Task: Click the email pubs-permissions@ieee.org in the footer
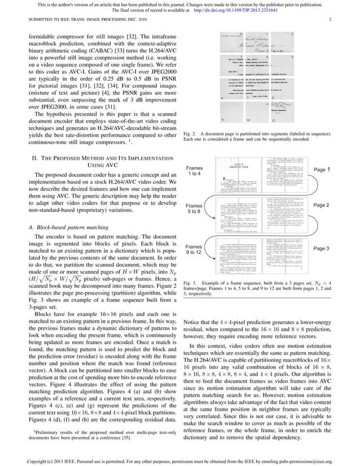click(302, 460)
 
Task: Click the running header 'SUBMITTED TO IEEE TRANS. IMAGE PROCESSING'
click(75, 20)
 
